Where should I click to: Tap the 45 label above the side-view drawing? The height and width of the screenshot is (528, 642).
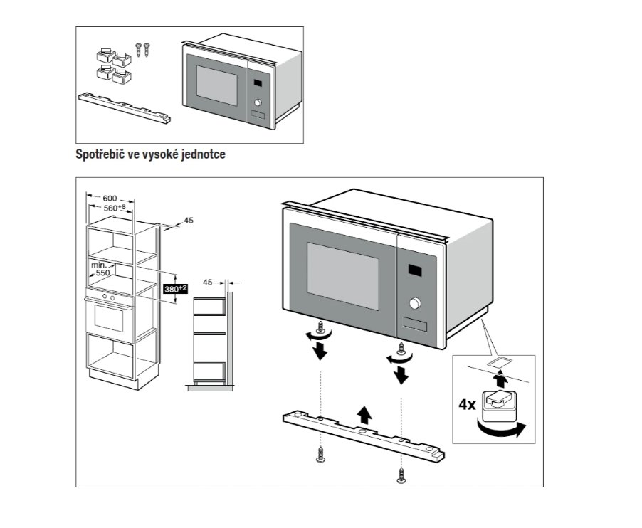[208, 282]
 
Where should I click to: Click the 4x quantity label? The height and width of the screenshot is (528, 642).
[467, 405]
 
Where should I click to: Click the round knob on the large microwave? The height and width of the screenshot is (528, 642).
[414, 304]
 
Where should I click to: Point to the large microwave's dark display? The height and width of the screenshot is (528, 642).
[414, 271]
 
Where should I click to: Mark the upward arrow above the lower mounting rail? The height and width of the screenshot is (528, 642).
[364, 413]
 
